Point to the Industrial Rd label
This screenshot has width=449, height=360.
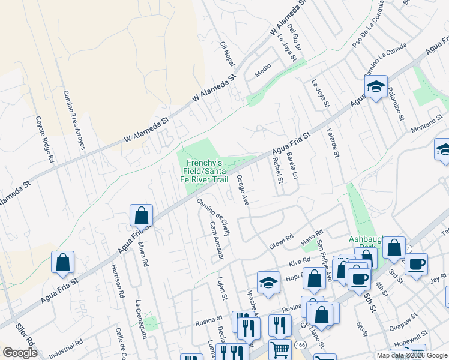point(67,347)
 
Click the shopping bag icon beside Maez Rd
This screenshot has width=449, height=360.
point(141,215)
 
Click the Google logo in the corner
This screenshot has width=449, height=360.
point(20,352)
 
